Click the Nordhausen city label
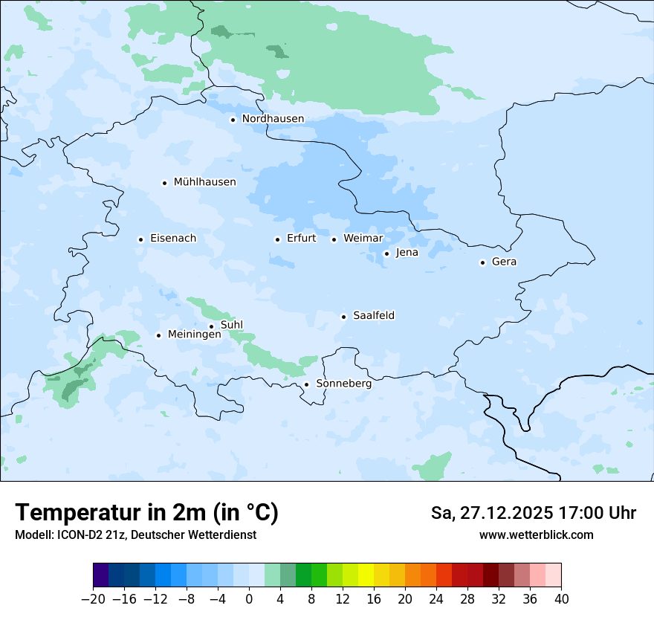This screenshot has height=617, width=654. click(x=273, y=119)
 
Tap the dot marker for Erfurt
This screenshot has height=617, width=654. click(x=277, y=239)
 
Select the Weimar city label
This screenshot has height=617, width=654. click(x=363, y=239)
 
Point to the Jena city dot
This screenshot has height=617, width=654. click(x=386, y=253)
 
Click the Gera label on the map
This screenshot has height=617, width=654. click(x=504, y=262)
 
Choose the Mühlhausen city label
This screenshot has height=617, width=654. click(x=204, y=182)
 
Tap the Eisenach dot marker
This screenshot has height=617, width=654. click(x=140, y=239)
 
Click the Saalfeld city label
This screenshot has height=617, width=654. click(x=374, y=316)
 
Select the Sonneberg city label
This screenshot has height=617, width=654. click(x=343, y=384)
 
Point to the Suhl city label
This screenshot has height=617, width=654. click(x=232, y=325)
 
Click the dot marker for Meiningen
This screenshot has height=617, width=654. click(x=158, y=335)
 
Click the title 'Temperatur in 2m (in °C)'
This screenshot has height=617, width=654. click(x=147, y=513)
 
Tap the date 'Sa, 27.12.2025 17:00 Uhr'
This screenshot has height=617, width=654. click(x=533, y=514)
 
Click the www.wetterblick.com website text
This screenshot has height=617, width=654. click(x=536, y=535)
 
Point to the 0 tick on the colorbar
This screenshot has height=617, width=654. click(x=249, y=599)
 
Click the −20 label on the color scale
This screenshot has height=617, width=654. click(x=93, y=599)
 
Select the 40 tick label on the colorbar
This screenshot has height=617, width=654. click(x=561, y=599)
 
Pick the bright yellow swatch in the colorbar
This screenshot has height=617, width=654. click(x=366, y=575)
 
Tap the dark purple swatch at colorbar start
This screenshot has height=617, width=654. click(x=101, y=575)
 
